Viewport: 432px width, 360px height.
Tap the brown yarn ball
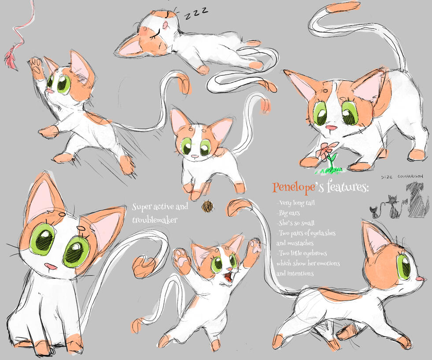(x=208, y=206)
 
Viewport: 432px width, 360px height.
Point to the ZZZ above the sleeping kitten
(x=196, y=13)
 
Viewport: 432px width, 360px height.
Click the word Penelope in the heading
(x=294, y=187)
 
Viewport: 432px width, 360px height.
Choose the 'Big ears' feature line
(x=288, y=213)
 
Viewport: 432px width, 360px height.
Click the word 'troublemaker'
(x=155, y=220)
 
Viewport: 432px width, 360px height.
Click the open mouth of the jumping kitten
(x=228, y=278)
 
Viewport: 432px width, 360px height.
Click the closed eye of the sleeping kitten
(x=155, y=34)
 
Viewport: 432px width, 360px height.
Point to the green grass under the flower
(x=329, y=171)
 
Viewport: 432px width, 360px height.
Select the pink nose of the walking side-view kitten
(x=420, y=279)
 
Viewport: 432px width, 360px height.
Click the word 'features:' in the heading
(x=348, y=187)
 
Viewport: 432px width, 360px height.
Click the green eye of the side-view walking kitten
(x=404, y=267)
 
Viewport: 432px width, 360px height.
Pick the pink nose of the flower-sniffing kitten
(x=331, y=128)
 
